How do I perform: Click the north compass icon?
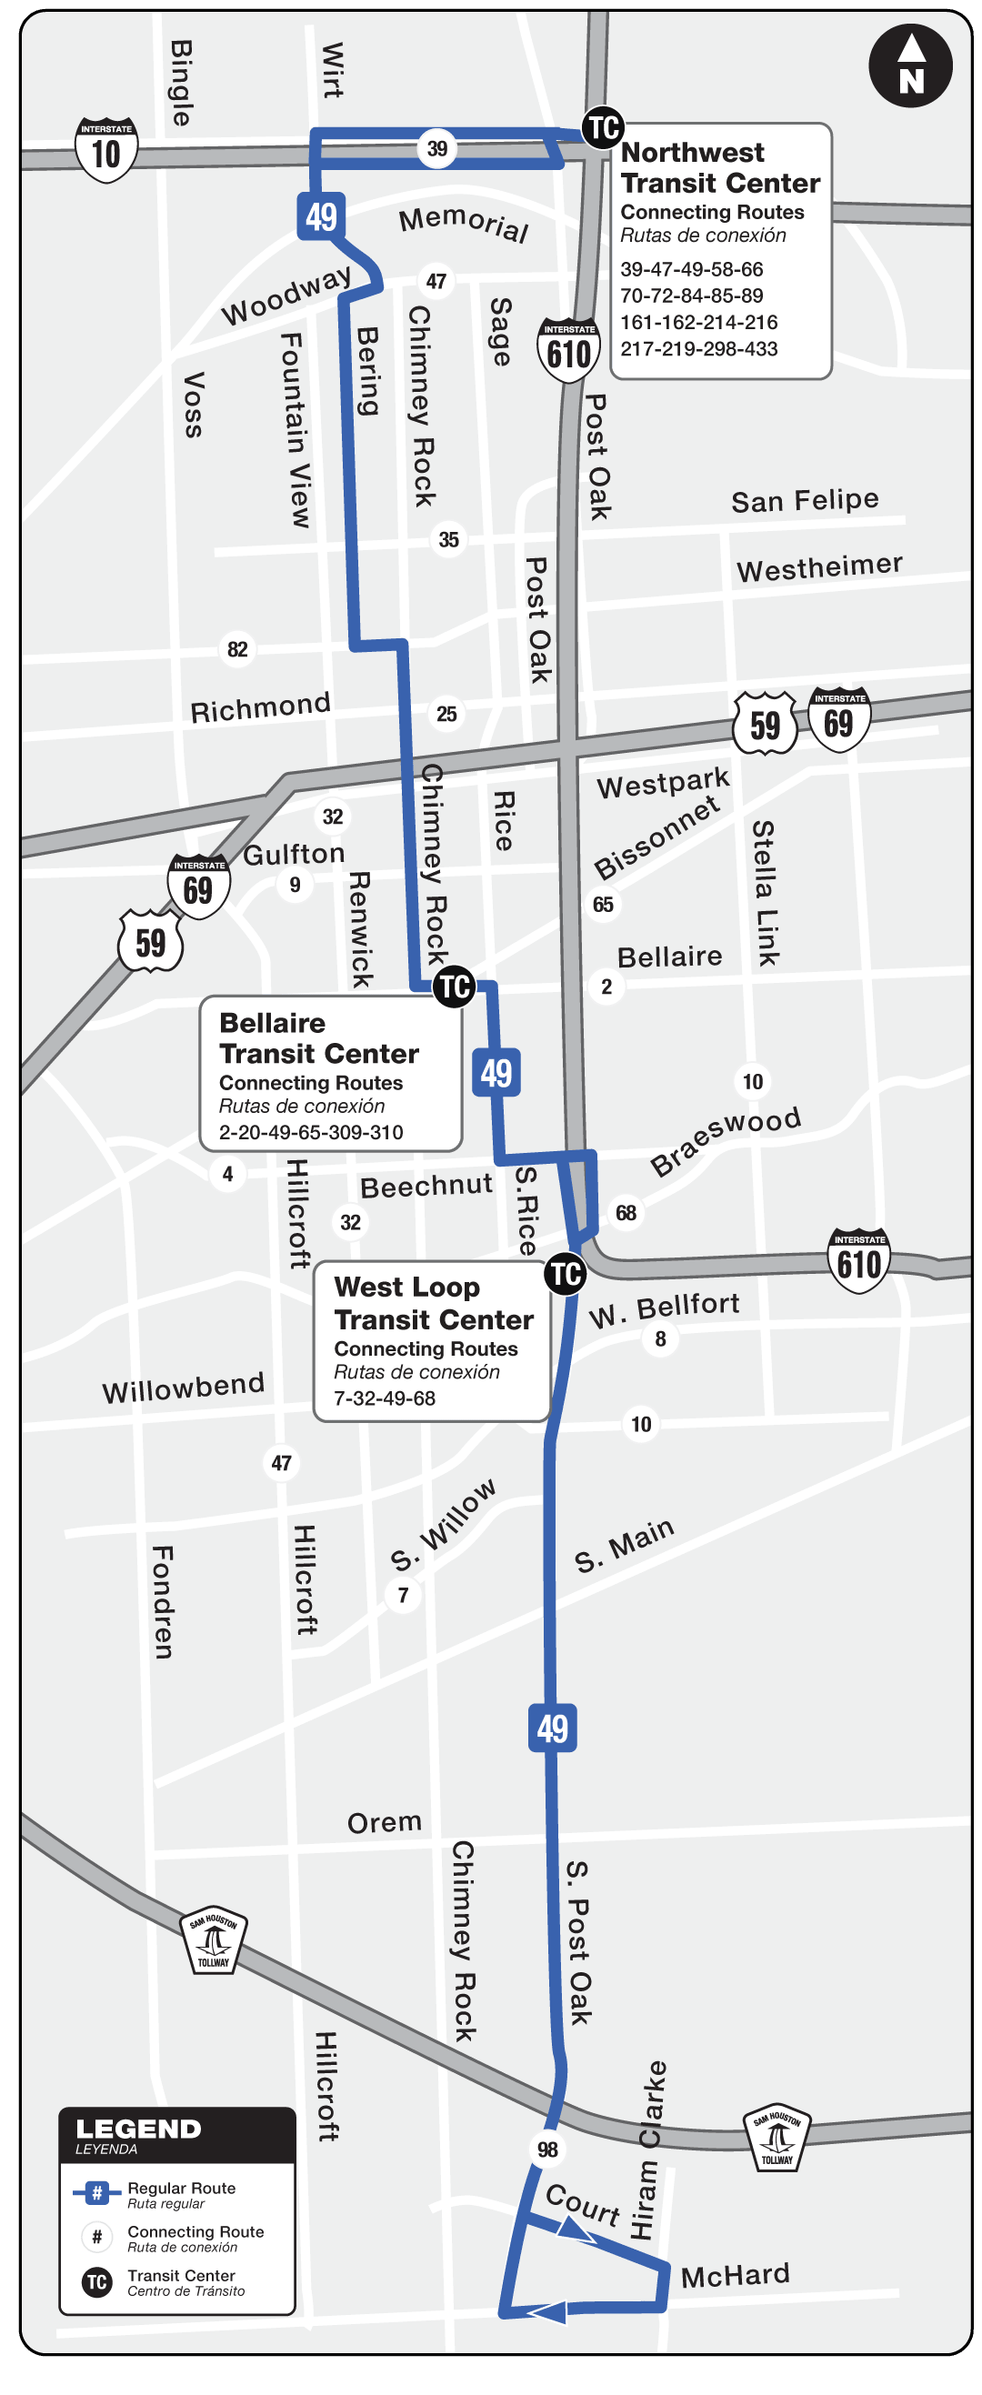tap(910, 66)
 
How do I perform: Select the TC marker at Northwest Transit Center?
tap(603, 127)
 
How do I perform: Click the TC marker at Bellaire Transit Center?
tap(454, 986)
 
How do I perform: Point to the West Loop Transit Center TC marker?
tap(566, 1273)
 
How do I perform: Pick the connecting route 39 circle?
tap(437, 148)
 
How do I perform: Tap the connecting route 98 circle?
tap(547, 2149)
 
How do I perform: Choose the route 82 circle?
tap(237, 649)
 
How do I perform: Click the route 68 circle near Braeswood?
tap(626, 1212)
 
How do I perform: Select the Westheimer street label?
tap(819, 567)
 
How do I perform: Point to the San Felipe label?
tap(805, 501)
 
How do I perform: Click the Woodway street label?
tap(286, 295)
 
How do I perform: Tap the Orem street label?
tap(384, 1822)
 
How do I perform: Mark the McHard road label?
tap(735, 2275)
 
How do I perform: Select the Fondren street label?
tap(163, 1602)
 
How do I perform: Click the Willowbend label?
tap(183, 1388)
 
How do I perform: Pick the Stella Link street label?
tap(766, 893)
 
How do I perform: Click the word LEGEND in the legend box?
tap(138, 2129)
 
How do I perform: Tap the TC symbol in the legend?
tap(96, 2281)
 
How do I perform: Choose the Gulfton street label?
tap(294, 854)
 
